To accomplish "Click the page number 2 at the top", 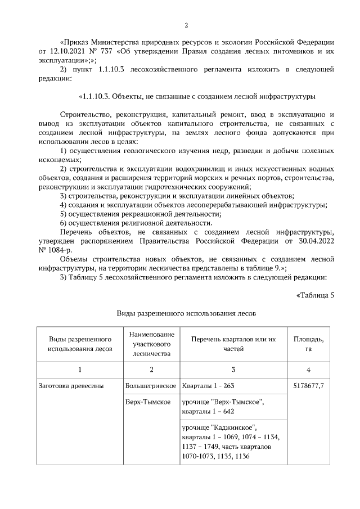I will click(186, 25).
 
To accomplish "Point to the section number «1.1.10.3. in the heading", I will click(99, 96).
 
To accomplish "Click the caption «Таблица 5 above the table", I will click(315, 296).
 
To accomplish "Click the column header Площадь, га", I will click(309, 344).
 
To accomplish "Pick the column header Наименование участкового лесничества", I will click(151, 344).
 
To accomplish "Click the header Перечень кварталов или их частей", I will click(233, 344).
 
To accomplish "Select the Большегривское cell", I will click(151, 387).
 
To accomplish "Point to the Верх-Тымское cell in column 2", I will click(148, 403).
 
